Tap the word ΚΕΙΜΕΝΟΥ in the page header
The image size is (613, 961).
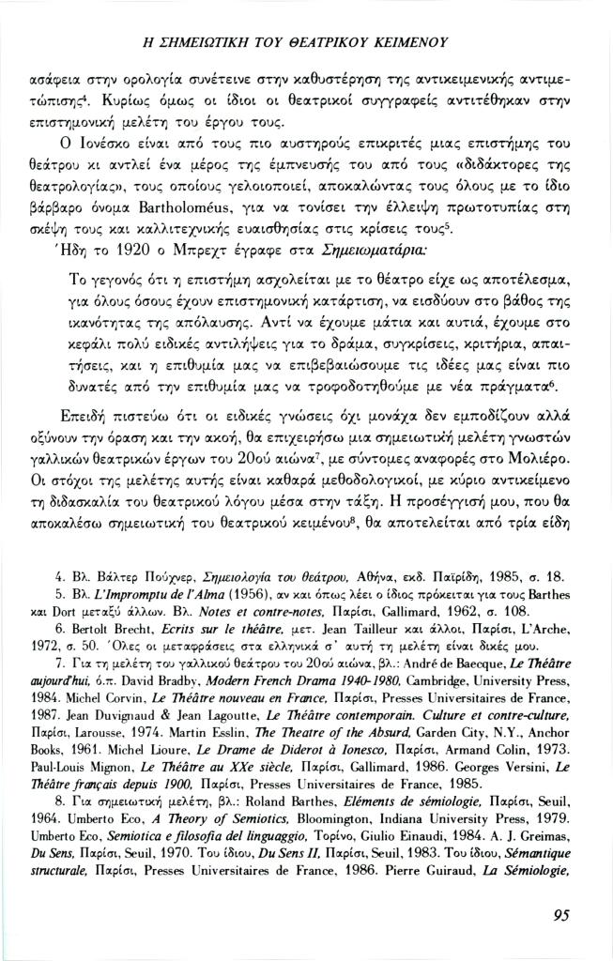pos(405,42)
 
